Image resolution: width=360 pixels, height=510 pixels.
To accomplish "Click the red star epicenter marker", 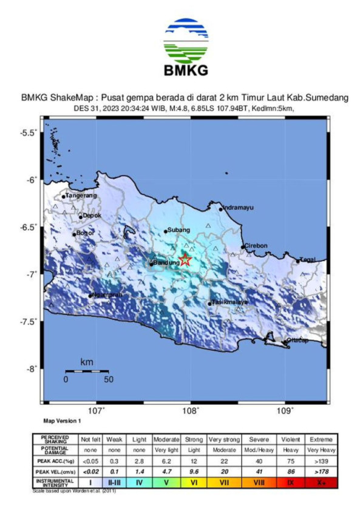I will (x=186, y=260).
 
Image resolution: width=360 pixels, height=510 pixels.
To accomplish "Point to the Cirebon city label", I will (x=256, y=245).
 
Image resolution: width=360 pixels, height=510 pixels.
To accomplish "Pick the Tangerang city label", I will (x=81, y=195).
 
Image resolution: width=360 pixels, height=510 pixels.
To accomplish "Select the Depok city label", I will (x=92, y=215).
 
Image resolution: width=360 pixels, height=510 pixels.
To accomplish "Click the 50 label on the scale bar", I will (x=108, y=379).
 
